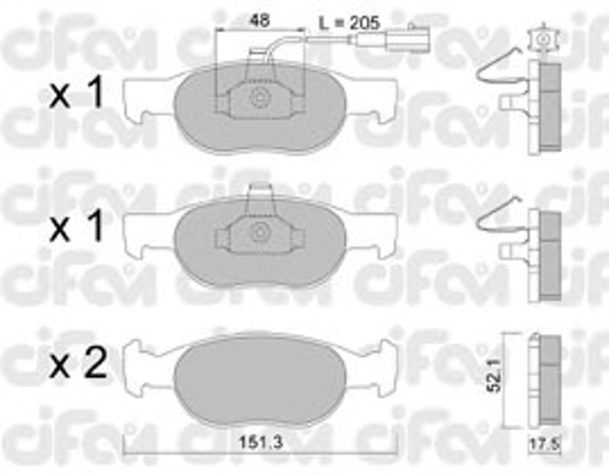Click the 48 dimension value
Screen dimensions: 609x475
(260, 20)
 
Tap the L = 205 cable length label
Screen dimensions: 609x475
(349, 23)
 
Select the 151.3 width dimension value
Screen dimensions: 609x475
(260, 442)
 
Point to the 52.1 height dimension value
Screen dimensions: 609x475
(495, 375)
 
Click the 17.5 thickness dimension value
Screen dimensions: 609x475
(545, 444)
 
